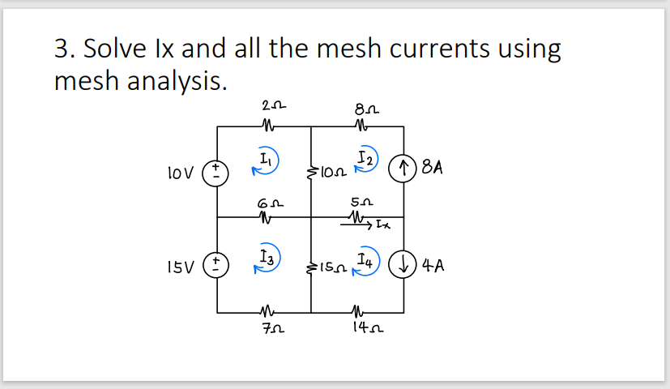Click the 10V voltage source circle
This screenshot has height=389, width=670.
point(218,173)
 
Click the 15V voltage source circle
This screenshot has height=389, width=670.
point(218,264)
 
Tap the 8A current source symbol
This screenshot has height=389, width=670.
point(403,171)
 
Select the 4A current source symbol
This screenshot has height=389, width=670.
point(403,264)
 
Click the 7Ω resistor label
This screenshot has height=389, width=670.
point(270,328)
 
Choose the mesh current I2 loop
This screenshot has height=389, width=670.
point(362,160)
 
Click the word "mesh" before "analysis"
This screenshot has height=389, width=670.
point(88,79)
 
